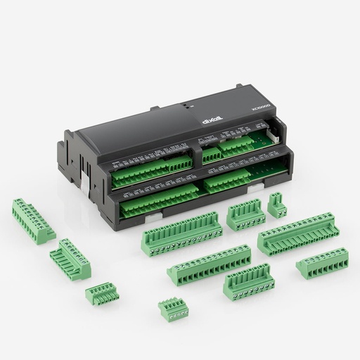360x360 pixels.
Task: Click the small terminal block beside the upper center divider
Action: (212, 156)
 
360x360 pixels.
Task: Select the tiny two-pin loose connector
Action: (276, 205)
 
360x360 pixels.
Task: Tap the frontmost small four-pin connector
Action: (169, 309)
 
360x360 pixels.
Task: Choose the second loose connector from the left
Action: (69, 257)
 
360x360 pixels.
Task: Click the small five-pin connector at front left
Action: (100, 292)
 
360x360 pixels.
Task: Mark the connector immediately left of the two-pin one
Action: (244, 214)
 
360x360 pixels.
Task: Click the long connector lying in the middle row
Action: (209, 262)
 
